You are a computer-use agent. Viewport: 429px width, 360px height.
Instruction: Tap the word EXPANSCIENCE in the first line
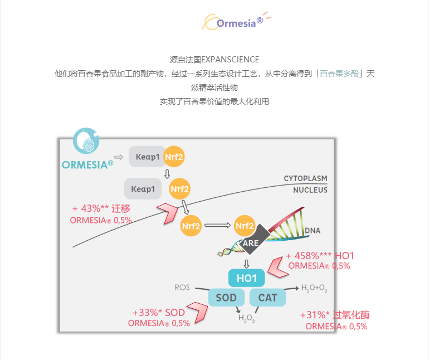[x=230, y=59]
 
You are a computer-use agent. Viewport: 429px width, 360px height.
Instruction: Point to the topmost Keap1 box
[x=148, y=157]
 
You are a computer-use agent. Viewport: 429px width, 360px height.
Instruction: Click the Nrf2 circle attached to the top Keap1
[x=174, y=157]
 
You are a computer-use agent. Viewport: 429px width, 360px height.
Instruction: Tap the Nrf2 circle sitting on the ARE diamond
[x=245, y=226]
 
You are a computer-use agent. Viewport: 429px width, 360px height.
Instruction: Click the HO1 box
[x=246, y=278]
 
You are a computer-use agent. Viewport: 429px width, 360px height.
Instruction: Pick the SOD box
[x=226, y=298]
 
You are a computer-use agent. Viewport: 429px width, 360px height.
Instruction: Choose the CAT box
[x=267, y=298]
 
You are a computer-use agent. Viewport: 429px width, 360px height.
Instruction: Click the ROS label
[x=182, y=288]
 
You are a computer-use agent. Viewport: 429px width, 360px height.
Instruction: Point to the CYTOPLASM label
[x=305, y=178]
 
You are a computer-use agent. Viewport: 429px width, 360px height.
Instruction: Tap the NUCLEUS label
[x=310, y=190]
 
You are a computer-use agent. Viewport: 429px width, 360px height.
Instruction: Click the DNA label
[x=313, y=230]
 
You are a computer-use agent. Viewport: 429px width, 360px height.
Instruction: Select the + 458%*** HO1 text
[x=320, y=256]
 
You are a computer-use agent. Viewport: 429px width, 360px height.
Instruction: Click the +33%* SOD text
[x=158, y=313]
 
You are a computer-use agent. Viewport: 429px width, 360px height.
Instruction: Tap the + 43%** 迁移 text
[x=101, y=208]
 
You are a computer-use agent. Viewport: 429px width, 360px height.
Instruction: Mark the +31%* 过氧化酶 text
[x=335, y=315]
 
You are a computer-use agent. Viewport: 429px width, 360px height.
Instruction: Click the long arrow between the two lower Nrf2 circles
[x=217, y=226]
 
